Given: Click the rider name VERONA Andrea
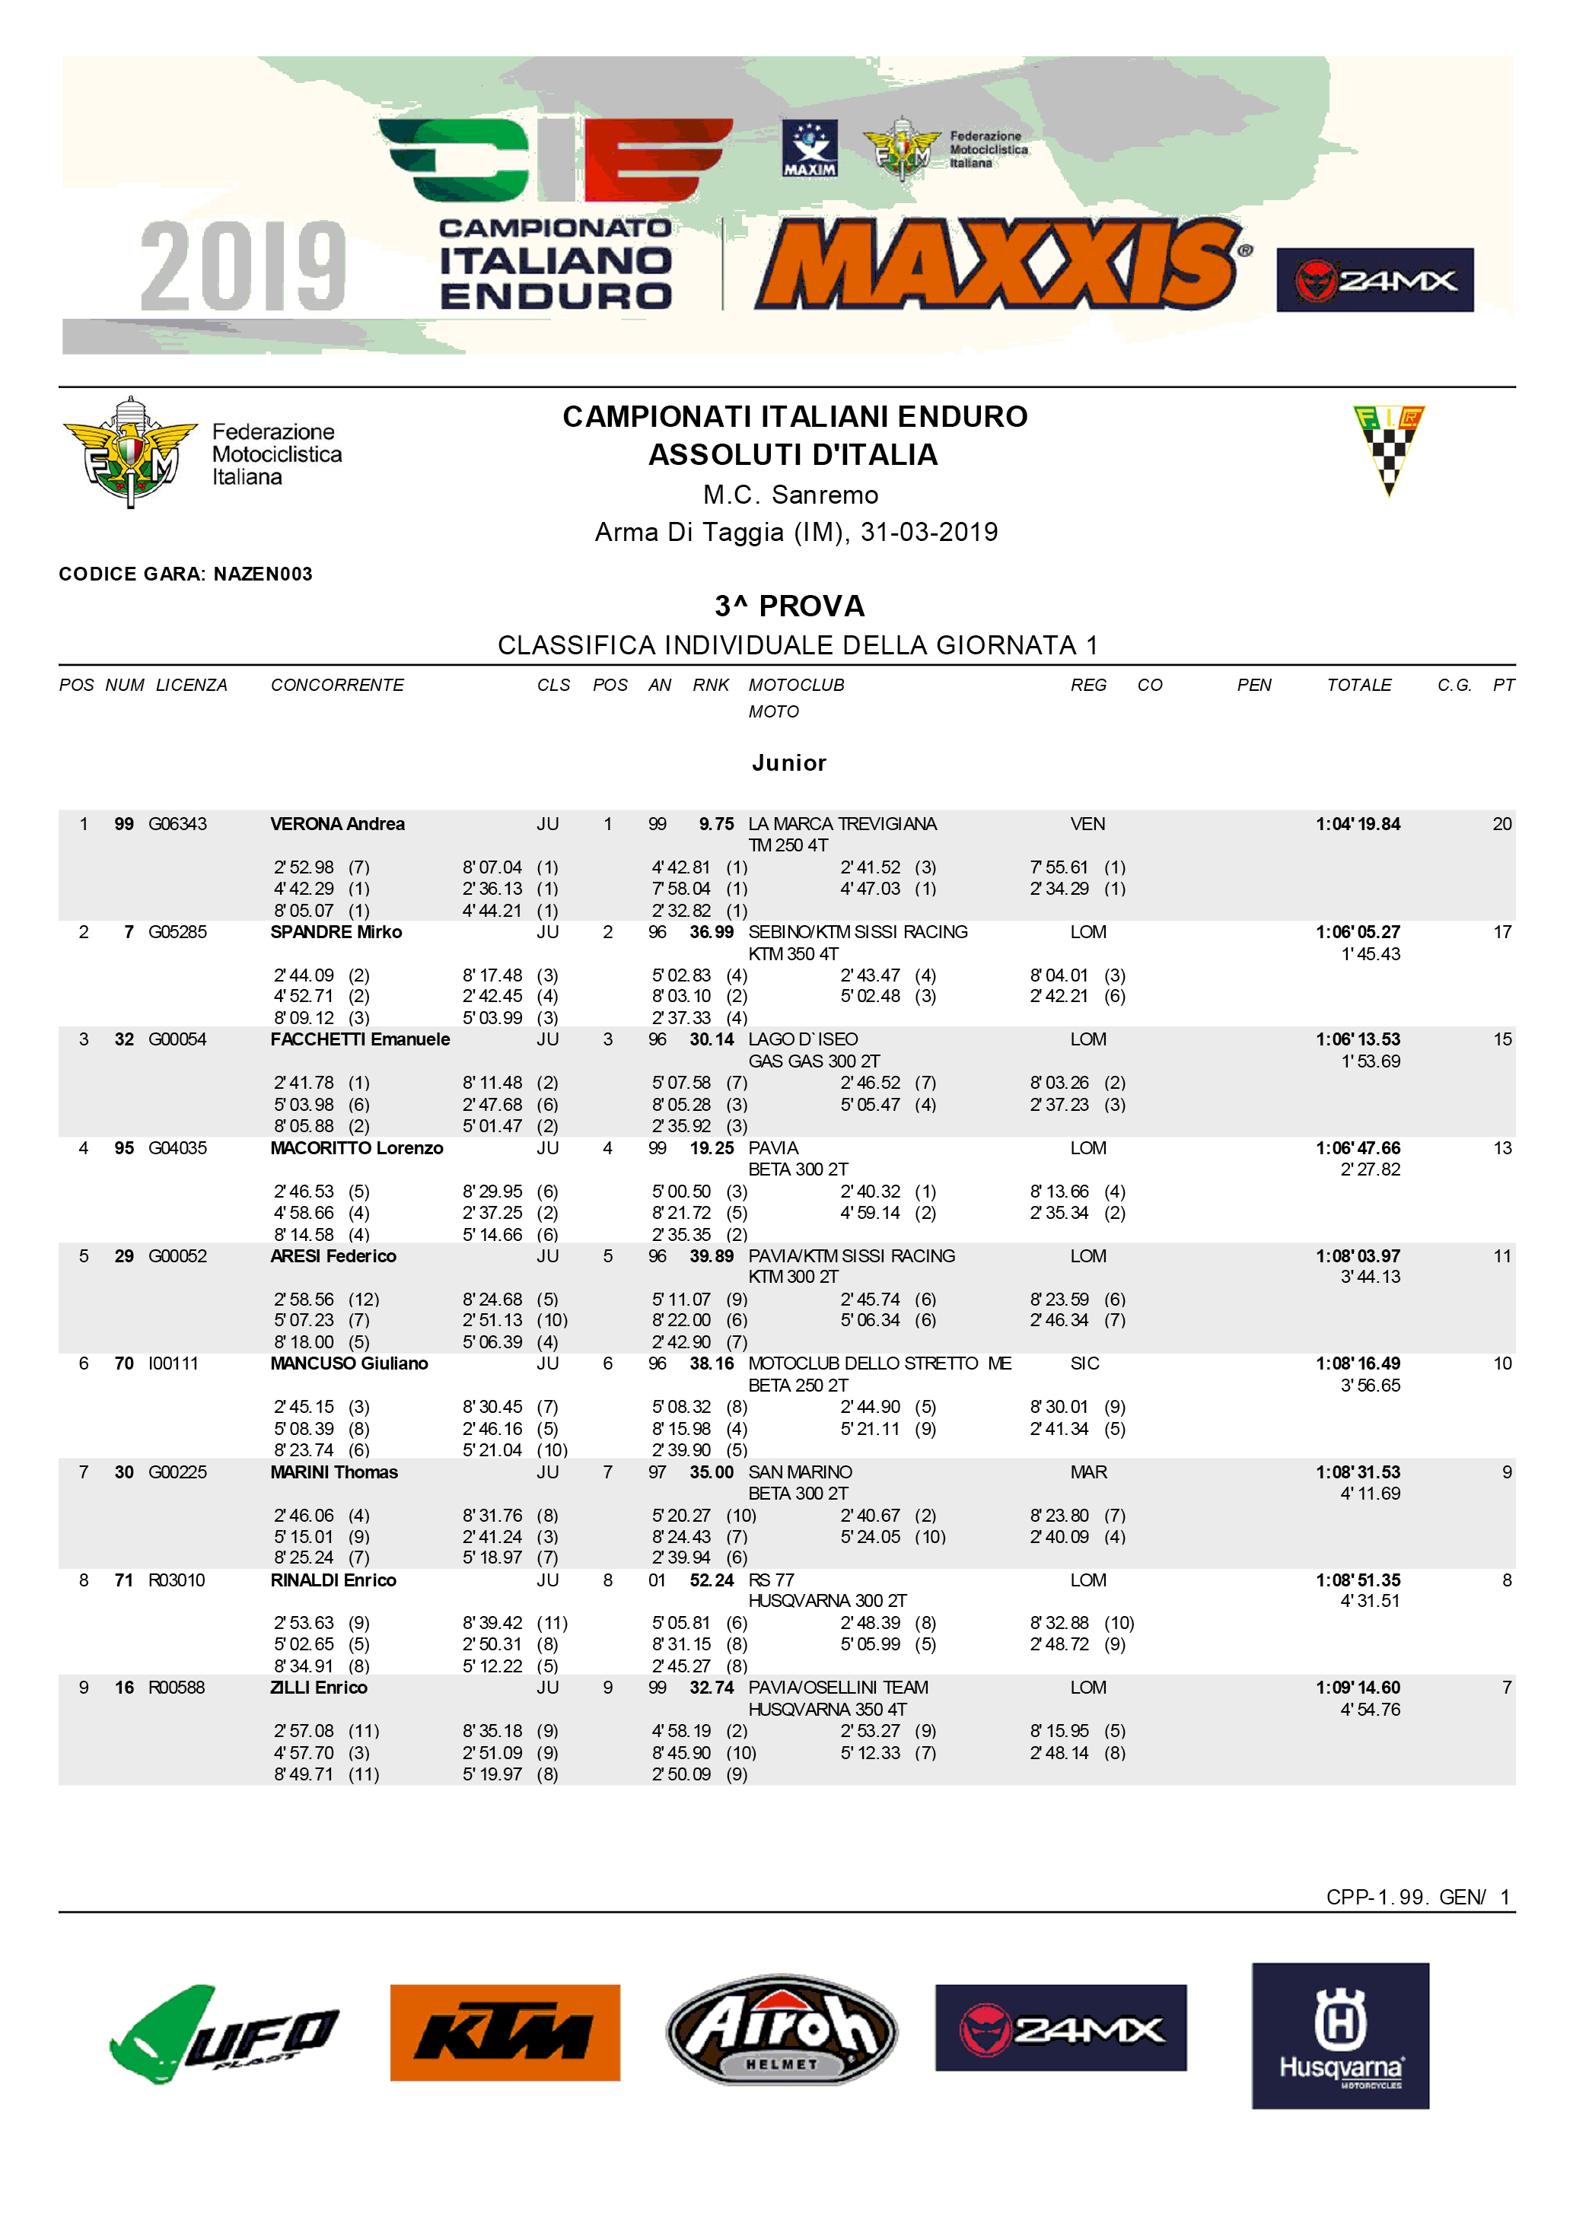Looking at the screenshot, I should (337, 824).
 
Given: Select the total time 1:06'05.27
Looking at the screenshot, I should (1357, 932).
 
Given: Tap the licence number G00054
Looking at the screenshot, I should (177, 1039).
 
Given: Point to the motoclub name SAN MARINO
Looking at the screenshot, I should (800, 1472).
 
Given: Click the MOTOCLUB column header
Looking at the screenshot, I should (796, 685).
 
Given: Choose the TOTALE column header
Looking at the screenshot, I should (1359, 685).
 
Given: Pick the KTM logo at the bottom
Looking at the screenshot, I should (505, 2032).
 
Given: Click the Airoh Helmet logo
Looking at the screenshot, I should (782, 2030).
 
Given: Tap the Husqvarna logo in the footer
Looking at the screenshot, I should (1339, 2035).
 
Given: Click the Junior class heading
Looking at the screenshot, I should (788, 763).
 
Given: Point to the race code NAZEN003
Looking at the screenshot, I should (263, 574).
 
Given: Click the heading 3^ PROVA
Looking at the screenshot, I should (788, 606).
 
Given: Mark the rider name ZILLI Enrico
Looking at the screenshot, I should (319, 1688).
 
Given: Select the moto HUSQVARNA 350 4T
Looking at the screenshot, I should (827, 1710).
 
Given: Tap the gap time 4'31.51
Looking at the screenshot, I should (1370, 1601).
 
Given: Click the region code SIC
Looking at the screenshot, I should (1085, 1364).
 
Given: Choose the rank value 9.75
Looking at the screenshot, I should (716, 824).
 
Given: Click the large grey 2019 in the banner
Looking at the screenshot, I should (243, 266).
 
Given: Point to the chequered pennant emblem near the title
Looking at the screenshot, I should (1388, 450).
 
